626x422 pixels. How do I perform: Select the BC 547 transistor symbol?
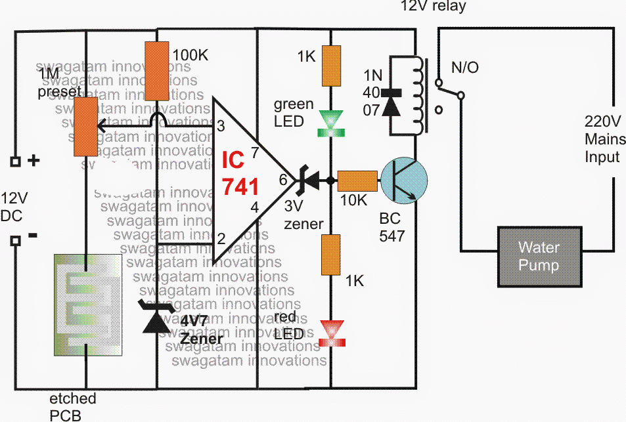[x=403, y=182]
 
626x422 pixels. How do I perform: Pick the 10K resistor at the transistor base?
[x=358, y=180]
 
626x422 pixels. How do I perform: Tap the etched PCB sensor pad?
[x=87, y=305]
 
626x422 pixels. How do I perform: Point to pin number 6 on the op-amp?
[x=283, y=179]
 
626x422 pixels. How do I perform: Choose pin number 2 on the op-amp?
[x=221, y=238]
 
